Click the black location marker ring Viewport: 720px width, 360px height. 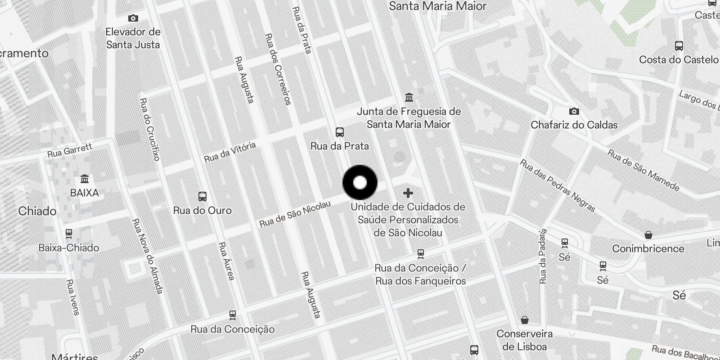coord(360,183)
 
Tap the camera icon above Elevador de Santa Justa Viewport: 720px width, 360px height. coord(133,18)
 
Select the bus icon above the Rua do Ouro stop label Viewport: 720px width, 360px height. coord(202,197)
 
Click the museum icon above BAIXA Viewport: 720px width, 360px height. coord(84,179)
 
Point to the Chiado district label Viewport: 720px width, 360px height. coord(37,211)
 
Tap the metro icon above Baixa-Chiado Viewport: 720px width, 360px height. coord(69,234)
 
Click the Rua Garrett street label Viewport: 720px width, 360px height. coord(70,150)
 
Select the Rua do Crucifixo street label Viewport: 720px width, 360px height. coord(150,129)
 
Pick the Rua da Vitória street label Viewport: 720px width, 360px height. coord(230,152)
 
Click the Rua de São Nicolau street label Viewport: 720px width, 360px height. coord(295,214)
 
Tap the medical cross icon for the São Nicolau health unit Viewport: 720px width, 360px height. coord(408,193)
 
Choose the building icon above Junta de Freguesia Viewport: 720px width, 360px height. coord(409,97)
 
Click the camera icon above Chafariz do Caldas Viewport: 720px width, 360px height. coord(574,111)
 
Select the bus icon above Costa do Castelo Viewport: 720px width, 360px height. coord(679,46)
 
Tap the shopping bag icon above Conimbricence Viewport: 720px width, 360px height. coord(648,235)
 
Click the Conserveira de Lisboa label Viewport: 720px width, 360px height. coord(525,340)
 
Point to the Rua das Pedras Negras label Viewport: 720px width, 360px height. coord(558,185)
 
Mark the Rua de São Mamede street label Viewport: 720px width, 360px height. coord(643,170)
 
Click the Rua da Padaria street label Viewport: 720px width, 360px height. coord(543,256)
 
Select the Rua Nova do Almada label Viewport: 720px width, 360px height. coord(147,256)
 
